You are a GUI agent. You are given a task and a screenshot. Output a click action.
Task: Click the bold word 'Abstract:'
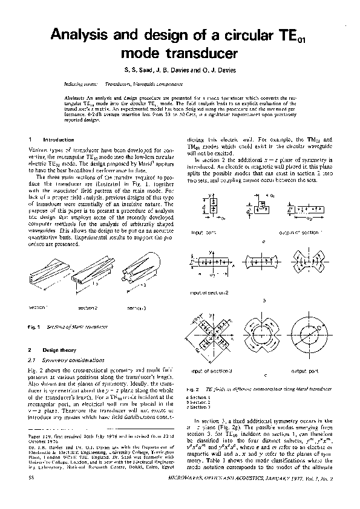(x=76, y=97)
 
